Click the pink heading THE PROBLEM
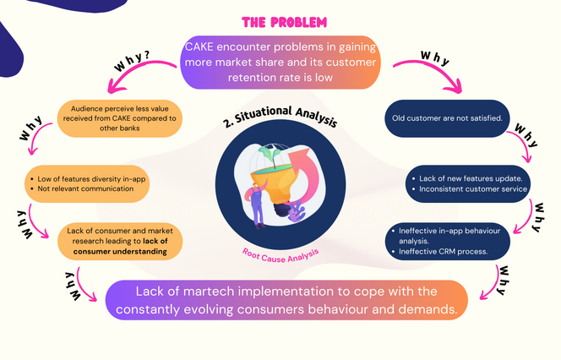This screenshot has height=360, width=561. tap(280, 22)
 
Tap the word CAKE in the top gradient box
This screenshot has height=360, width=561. tap(202, 46)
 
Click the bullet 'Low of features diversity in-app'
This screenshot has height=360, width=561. tap(83, 180)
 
